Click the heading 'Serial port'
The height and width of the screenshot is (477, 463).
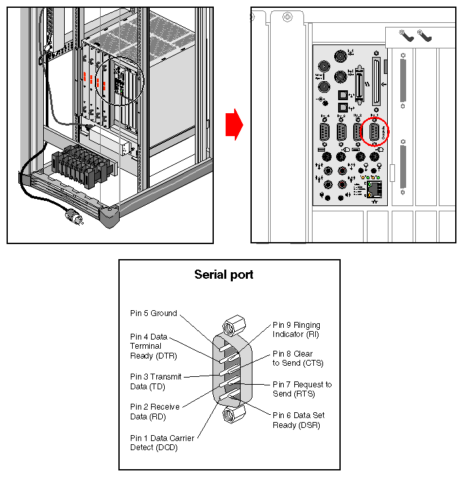click(x=224, y=275)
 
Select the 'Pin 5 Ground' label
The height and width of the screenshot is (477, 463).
click(x=153, y=313)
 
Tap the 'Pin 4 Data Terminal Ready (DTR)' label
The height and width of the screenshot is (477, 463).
click(x=153, y=346)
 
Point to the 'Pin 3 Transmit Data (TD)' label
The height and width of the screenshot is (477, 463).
click(x=156, y=381)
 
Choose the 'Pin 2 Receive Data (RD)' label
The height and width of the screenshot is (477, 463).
click(x=154, y=412)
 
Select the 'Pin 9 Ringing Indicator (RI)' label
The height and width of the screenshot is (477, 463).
click(x=296, y=330)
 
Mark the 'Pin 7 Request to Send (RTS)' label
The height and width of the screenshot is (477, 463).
click(x=301, y=389)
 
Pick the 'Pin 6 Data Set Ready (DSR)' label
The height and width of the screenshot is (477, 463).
click(x=298, y=420)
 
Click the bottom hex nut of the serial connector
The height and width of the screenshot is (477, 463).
click(x=230, y=414)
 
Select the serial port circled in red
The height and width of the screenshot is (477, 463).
click(x=375, y=132)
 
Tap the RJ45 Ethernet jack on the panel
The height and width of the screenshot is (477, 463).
click(x=375, y=188)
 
